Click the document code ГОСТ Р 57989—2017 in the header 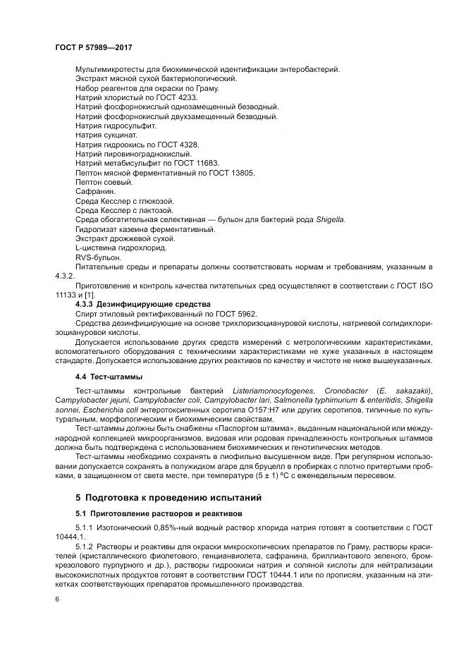(93, 47)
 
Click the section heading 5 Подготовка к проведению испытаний (159, 497)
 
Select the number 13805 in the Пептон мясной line (242, 172)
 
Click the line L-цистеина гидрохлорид (121, 248)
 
